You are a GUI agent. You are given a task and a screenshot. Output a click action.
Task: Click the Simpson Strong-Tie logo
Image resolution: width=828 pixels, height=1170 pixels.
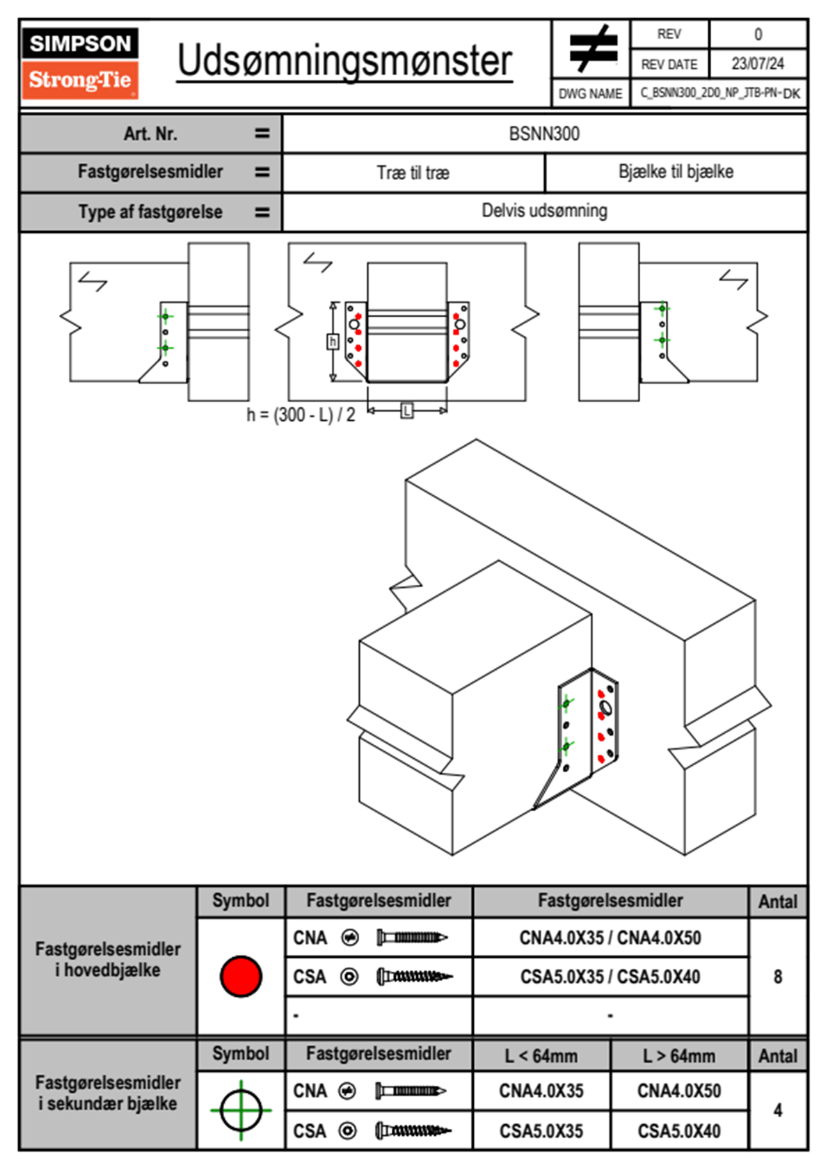point(79,63)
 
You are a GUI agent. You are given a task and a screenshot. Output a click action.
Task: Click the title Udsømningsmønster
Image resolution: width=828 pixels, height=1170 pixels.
point(344,61)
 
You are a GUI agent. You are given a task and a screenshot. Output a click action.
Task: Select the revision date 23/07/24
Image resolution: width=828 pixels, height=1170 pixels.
point(757,64)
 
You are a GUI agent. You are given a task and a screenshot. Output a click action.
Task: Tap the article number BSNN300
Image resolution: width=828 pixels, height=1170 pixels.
point(544,134)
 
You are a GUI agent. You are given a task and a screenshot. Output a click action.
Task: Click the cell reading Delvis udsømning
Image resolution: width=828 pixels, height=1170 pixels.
point(544,211)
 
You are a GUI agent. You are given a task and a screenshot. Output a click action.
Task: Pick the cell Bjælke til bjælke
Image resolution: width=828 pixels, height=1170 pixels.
point(676,172)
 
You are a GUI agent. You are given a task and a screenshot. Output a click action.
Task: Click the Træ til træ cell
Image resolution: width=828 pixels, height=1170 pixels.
point(413,173)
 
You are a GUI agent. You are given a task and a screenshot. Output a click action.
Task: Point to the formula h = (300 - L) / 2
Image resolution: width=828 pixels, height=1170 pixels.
point(301,415)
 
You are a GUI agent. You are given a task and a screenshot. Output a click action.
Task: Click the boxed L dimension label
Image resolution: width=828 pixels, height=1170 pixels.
point(407,411)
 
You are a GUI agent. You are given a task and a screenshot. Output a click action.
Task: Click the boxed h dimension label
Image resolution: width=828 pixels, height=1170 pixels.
point(333,342)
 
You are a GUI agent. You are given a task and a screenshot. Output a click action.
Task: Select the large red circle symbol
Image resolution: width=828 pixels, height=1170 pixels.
point(241,976)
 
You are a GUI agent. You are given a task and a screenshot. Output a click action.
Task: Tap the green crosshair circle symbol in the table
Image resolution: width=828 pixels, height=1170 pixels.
point(241,1110)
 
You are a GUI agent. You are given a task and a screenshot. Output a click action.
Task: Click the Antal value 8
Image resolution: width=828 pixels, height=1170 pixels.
point(777,977)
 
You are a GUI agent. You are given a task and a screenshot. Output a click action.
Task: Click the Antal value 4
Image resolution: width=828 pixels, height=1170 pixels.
point(777,1110)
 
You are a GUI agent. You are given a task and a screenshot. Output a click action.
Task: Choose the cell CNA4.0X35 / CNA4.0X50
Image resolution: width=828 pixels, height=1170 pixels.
point(610,938)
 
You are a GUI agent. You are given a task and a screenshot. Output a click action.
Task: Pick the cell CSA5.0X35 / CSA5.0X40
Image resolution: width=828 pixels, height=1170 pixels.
point(610,977)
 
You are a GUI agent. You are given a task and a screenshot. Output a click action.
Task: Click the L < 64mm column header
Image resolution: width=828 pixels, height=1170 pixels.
point(541,1056)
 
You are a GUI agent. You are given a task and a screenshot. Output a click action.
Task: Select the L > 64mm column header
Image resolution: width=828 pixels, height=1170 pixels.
point(678,1056)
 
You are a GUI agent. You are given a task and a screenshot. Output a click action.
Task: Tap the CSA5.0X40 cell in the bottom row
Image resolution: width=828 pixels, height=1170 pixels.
point(678,1131)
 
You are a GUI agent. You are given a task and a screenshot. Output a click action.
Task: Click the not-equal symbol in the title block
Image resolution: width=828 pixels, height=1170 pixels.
point(592,49)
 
